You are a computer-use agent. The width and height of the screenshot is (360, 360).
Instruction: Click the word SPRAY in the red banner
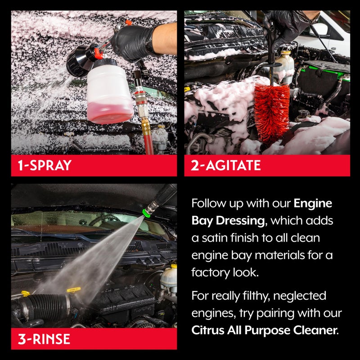52,165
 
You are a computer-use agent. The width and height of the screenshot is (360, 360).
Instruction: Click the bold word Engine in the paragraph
313,203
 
